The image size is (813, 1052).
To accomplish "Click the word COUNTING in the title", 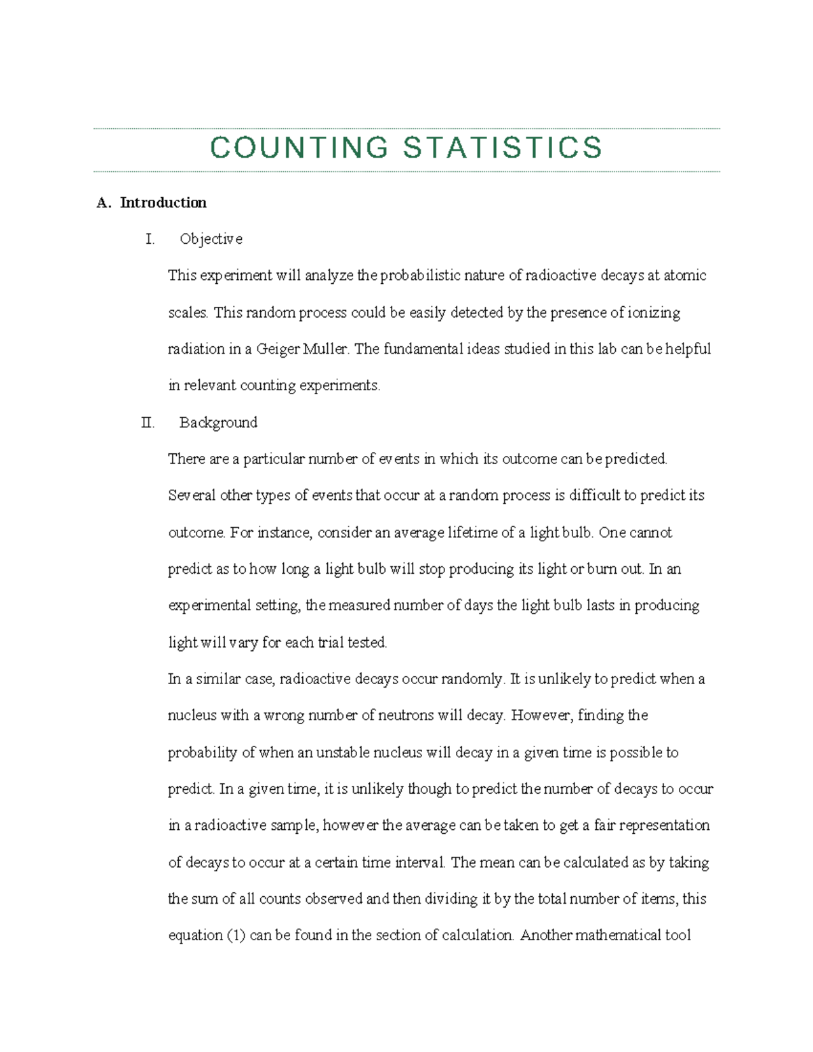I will (299, 148).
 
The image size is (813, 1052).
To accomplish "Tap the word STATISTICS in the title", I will (502, 148).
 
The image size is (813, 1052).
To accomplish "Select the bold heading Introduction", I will (163, 203).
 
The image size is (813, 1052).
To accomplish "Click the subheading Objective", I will (211, 239).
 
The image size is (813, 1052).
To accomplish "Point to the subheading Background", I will (218, 423).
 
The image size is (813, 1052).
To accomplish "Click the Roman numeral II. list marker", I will (148, 423).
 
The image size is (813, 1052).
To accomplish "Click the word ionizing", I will (654, 313).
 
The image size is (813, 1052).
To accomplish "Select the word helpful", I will (688, 350).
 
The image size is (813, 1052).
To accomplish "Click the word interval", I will (419, 863).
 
